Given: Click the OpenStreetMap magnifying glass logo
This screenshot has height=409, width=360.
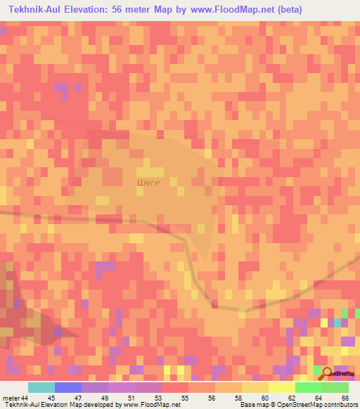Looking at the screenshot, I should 326,372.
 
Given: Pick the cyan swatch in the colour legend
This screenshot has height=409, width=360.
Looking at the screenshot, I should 41,387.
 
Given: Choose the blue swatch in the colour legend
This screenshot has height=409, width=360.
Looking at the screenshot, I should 67,387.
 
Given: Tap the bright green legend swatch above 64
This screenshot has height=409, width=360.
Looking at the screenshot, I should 308,387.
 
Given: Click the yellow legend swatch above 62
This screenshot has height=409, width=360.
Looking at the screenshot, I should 281,387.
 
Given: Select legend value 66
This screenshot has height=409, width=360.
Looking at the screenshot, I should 345,398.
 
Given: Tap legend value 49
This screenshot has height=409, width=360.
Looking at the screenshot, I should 105,398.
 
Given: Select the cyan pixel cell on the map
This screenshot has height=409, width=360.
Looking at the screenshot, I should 337,323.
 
